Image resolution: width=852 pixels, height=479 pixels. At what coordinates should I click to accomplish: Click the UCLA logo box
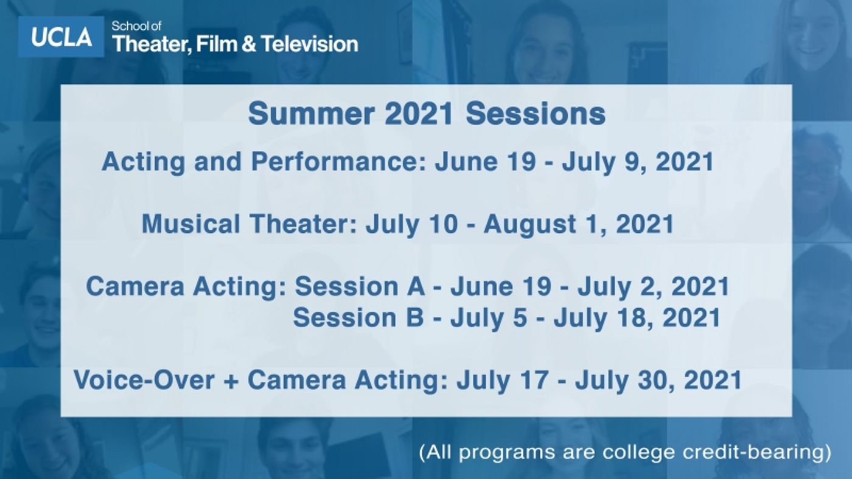point(61,37)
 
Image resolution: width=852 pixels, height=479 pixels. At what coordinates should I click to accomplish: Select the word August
point(542,224)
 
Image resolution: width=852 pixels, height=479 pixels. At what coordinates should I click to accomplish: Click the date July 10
point(411,224)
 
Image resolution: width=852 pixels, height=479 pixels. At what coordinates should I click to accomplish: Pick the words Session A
point(360,286)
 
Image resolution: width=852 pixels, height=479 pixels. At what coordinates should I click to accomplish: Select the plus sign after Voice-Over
point(231,381)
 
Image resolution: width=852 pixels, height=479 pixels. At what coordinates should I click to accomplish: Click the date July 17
point(495,381)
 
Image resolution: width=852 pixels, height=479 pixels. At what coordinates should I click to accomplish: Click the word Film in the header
point(217,44)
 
